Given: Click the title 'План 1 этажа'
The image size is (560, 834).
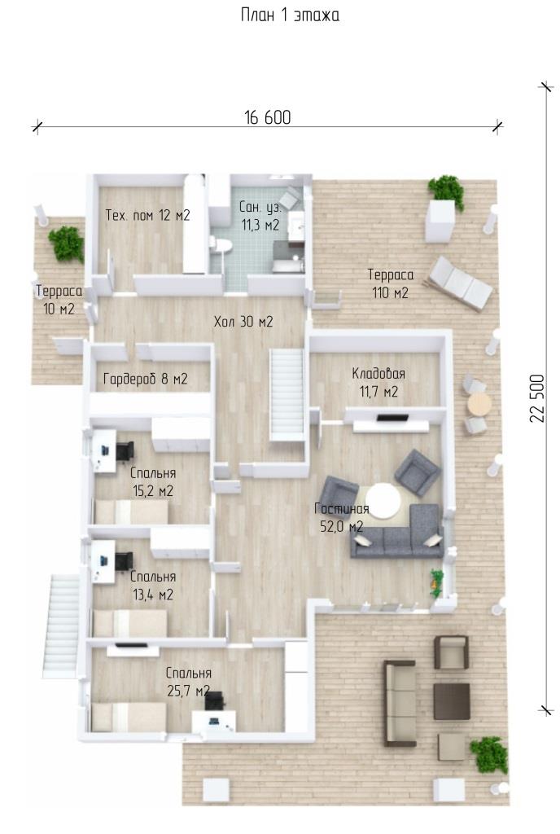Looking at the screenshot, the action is point(290,15).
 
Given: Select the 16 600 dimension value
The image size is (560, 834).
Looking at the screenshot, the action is point(268,117).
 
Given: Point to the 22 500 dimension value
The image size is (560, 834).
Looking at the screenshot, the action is point(537,398).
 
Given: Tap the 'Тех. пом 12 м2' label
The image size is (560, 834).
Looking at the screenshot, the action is point(147,215).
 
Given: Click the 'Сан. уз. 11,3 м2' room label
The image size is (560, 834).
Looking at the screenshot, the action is point(260,216).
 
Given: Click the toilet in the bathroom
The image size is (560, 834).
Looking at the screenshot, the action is point(221,245).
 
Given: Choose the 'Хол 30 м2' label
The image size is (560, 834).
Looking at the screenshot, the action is point(243,321).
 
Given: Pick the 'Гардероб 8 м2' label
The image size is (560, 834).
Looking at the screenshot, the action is point(146,380).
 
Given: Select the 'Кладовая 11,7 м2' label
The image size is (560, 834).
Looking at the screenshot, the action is point(378,383).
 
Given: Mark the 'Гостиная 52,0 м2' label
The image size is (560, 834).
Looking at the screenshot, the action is point(342,517).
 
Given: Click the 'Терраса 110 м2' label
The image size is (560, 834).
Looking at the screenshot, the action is point(391,283).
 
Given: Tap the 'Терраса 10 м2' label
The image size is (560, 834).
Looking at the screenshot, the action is point(59,300).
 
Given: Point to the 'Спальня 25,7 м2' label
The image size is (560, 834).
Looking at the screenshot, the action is point(189,682).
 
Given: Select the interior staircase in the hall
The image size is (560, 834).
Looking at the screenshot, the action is point(287,394).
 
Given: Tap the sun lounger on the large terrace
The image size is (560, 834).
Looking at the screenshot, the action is point(461,283).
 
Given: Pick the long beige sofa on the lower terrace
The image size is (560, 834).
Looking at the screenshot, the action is point(400,703).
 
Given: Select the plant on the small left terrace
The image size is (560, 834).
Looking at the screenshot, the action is point(67,244).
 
